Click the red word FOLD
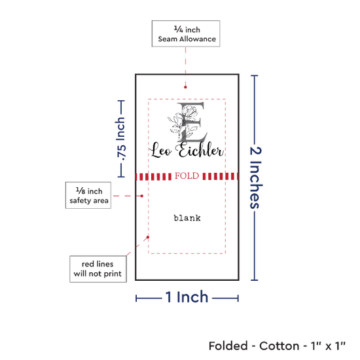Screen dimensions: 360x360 click(187, 176)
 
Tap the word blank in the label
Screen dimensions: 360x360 click(187, 218)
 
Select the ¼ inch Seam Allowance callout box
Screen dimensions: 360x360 click(186, 34)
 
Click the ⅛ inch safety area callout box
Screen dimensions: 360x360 click(88, 196)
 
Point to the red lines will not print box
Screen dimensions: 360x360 click(98, 269)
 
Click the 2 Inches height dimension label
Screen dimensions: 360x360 click(255, 177)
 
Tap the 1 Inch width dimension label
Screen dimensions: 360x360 click(187, 297)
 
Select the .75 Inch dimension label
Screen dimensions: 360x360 click(121, 139)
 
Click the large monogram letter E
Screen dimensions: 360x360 click(191, 122)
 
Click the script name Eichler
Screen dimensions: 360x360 click(200, 150)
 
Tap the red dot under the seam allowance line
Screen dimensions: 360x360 click(185, 87)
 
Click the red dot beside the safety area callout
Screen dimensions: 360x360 click(142, 196)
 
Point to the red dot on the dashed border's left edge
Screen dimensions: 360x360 click(148, 237)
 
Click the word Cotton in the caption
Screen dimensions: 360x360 click(279, 346)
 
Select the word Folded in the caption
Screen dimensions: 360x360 click(228, 346)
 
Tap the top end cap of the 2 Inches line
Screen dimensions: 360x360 click(255, 75)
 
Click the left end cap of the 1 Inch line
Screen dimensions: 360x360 click(136, 298)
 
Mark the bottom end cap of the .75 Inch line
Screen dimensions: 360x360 click(121, 177)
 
